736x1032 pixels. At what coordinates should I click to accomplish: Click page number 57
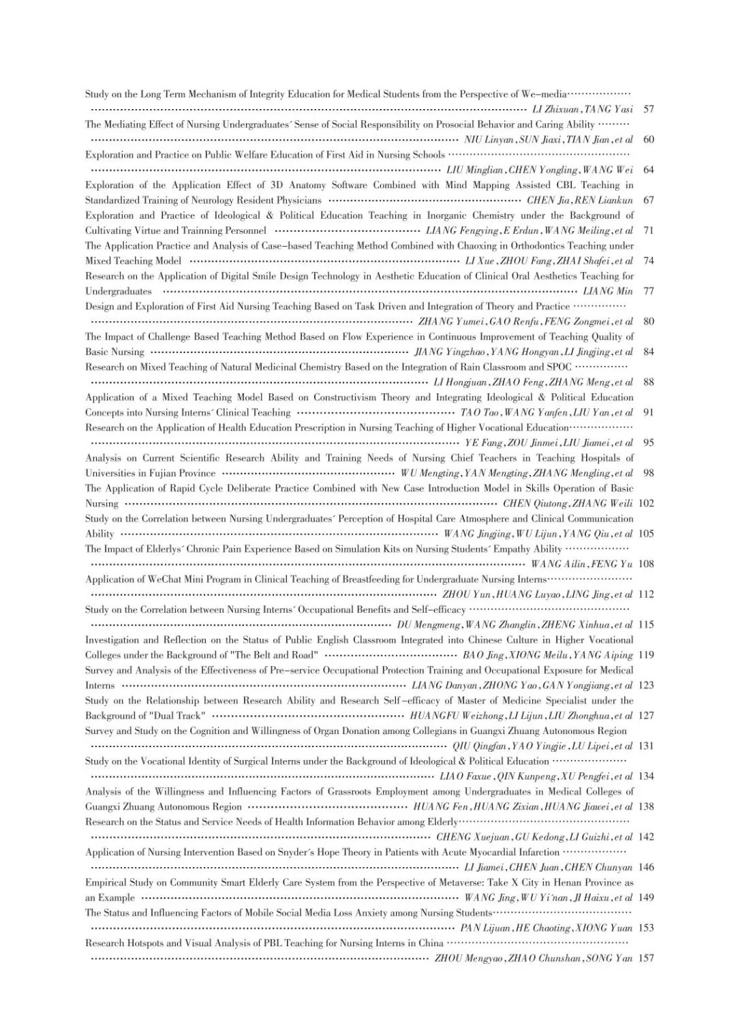point(648,109)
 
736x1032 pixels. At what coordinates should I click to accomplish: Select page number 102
point(646,504)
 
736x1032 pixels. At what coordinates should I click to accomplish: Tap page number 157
point(646,958)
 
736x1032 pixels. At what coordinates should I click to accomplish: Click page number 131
point(646,746)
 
